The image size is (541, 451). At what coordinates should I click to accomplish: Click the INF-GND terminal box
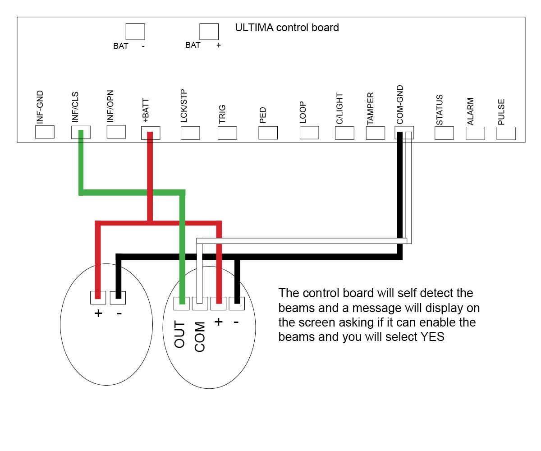tap(45, 132)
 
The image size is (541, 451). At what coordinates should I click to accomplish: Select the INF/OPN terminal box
tap(116, 132)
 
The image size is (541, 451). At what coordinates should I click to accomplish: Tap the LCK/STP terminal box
tap(190, 133)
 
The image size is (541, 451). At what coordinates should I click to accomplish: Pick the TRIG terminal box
tap(227, 133)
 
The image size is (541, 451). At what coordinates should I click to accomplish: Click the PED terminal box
tap(268, 133)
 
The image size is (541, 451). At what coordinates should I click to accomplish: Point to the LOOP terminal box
tap(309, 133)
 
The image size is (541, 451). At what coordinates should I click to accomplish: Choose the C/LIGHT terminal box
tap(344, 133)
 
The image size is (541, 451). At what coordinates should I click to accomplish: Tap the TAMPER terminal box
tap(375, 133)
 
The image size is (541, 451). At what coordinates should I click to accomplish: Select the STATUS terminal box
tap(444, 133)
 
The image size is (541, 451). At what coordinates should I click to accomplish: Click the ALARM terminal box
tap(475, 133)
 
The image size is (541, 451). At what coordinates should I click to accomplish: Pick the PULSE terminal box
tap(506, 133)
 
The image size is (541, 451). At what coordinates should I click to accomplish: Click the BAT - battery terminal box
tap(135, 32)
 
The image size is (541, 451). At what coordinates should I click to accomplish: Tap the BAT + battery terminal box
tap(209, 32)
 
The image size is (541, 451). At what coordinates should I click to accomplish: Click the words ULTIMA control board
tap(287, 28)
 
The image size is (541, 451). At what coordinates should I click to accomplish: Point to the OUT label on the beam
tap(179, 334)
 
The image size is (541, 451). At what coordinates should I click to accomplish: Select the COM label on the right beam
tap(200, 336)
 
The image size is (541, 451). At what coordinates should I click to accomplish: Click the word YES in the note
tap(432, 337)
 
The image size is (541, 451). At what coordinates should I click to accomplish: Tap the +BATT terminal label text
tap(146, 110)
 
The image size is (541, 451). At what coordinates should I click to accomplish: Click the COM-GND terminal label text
tap(400, 105)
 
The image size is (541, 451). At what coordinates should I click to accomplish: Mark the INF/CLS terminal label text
tap(75, 107)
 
